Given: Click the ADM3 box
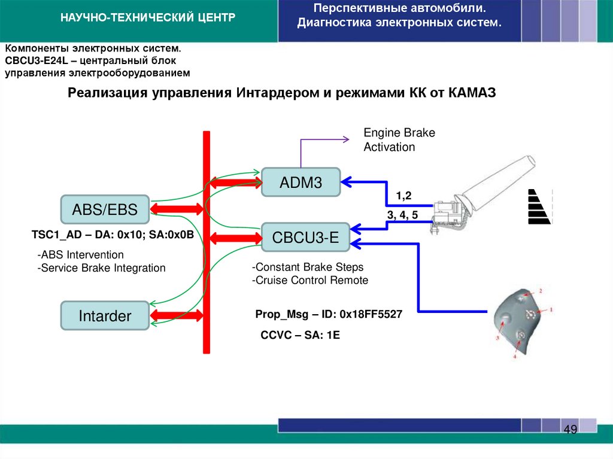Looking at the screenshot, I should point(301,182).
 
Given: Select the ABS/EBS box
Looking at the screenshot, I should point(105,209).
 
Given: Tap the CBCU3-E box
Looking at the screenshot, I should point(305,238).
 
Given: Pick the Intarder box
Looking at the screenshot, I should point(105,316).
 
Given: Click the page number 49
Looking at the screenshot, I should point(570,430).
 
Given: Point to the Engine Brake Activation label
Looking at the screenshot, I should point(399,140).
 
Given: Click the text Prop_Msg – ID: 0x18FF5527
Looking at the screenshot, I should point(328,314).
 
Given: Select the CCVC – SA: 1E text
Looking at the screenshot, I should point(300,335).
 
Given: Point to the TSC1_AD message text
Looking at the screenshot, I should point(113,235).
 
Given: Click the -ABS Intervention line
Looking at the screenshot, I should point(80,255).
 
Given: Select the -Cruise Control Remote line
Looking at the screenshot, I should point(310,280).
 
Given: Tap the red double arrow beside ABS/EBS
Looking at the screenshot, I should point(177,209).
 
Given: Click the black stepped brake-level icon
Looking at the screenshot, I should point(538,206).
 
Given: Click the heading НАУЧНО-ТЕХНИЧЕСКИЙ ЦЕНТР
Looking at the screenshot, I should point(147,19).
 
